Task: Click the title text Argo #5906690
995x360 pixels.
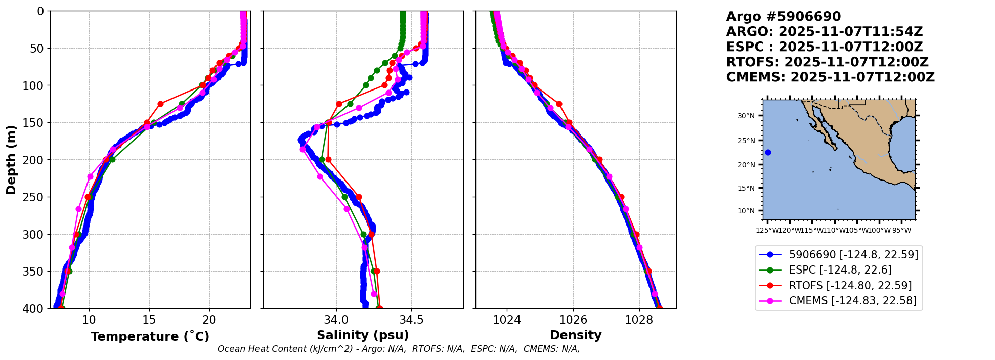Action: [783, 17]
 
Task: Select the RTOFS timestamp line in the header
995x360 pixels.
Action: [827, 62]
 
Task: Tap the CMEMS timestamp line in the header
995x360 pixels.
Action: [830, 77]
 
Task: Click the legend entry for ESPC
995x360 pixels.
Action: [840, 270]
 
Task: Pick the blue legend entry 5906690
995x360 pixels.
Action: [853, 255]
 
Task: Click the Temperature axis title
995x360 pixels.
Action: [150, 336]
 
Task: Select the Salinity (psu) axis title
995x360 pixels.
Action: [363, 335]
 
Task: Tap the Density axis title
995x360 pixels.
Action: [576, 335]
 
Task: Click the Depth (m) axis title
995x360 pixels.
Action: [11, 160]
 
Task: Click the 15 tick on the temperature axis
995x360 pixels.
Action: [149, 320]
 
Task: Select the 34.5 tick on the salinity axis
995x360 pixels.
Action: [411, 320]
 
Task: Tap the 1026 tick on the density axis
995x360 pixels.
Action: [573, 320]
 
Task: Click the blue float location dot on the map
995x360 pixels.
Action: [768, 152]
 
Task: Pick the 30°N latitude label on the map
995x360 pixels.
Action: [746, 116]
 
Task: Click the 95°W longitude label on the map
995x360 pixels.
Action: [901, 231]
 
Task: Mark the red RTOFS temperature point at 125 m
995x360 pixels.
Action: [160, 104]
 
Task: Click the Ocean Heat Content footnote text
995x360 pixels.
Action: [399, 349]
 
